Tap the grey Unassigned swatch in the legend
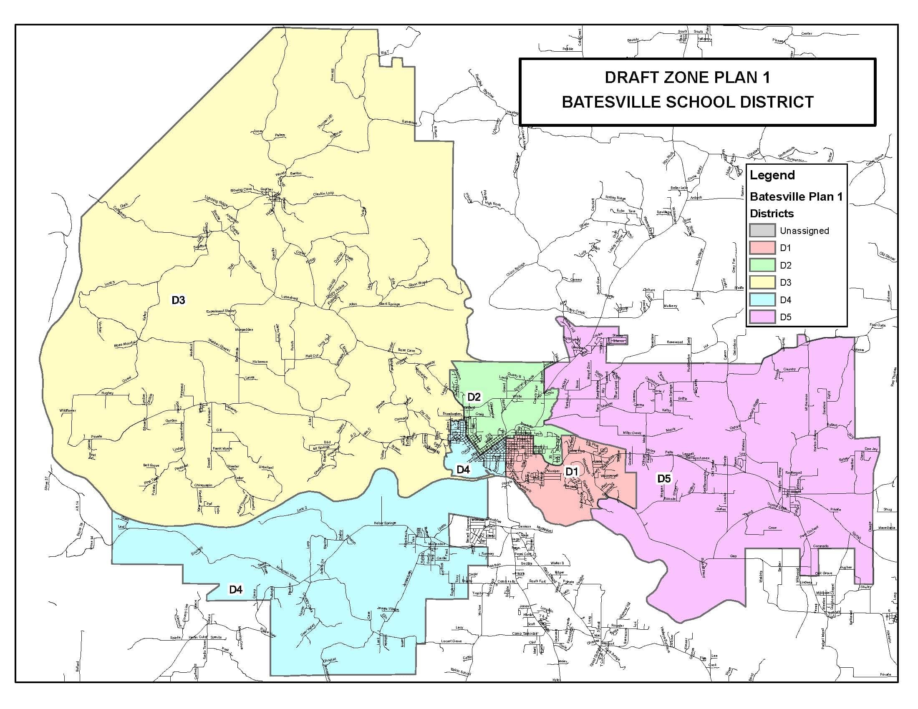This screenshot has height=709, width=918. (x=762, y=231)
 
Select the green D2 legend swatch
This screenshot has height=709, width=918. (x=762, y=265)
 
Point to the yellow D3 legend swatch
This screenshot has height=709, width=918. (x=762, y=282)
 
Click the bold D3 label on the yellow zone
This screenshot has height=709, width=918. (x=178, y=300)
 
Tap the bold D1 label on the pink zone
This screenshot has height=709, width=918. (x=572, y=472)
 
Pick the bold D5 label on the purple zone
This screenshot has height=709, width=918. (x=664, y=478)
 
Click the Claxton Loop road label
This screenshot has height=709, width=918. (x=323, y=194)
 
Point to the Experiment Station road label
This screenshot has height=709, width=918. (x=221, y=311)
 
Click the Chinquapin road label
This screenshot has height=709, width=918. (x=203, y=485)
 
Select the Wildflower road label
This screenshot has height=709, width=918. (x=68, y=410)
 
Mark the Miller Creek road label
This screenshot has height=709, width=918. (x=632, y=433)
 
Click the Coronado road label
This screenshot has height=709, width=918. (x=820, y=546)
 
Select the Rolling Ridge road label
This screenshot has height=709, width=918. (x=615, y=198)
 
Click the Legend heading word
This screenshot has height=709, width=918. (x=772, y=175)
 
